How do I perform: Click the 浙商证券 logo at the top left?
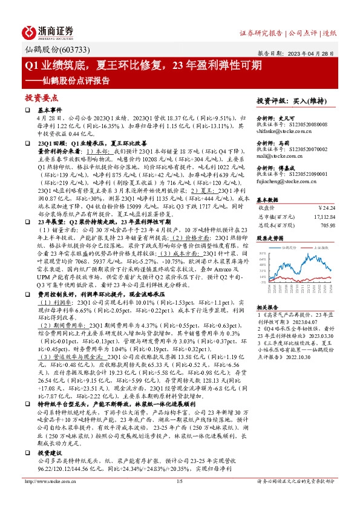click(x=49, y=31)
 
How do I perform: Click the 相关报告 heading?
click(x=268, y=306)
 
